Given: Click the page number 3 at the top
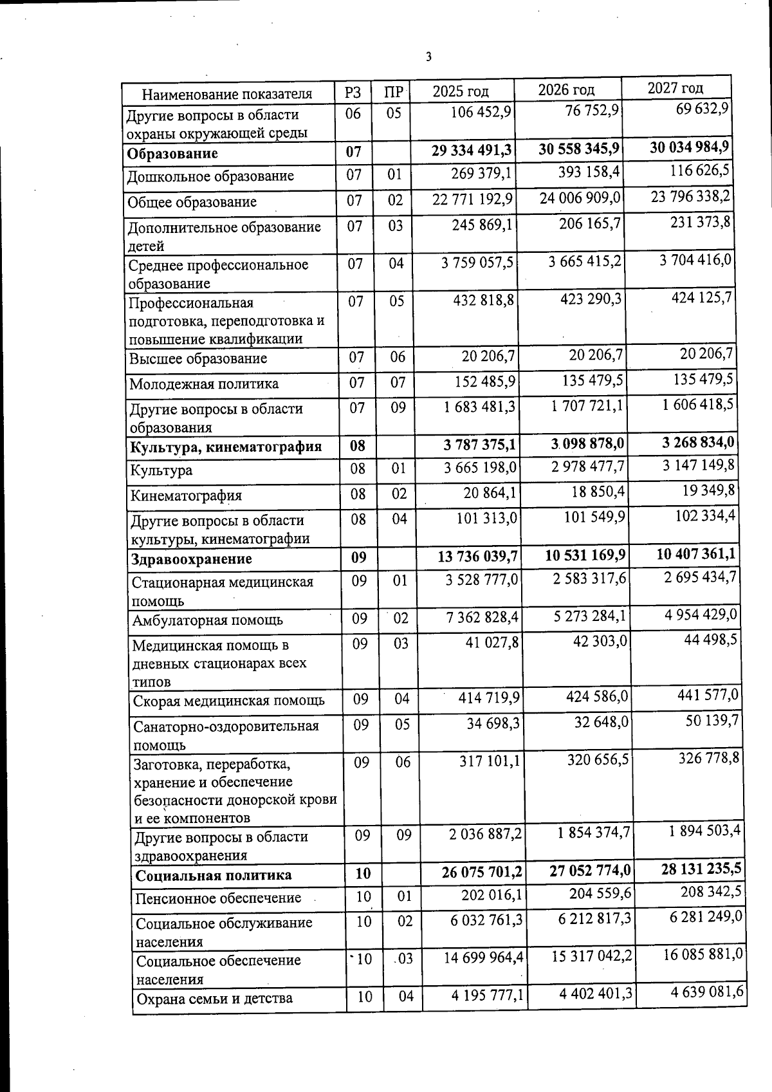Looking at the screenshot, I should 428,57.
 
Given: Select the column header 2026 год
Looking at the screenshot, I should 566,90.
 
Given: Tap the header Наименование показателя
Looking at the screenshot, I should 226,94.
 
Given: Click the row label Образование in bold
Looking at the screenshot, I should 172,153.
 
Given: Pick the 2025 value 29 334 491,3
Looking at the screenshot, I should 472,150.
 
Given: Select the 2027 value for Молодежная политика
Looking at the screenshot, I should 703,379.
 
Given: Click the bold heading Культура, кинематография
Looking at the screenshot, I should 225,447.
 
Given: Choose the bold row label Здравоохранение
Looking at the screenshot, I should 192,559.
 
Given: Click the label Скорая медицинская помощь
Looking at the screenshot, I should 228,700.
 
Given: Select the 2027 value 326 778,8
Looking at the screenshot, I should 709,758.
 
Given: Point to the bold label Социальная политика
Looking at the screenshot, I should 214,875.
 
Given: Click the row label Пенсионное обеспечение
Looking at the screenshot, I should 218,898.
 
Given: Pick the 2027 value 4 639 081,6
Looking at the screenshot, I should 707,992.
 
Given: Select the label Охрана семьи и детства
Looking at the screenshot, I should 214,998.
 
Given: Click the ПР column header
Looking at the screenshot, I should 393,92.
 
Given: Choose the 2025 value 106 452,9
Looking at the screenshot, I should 481,112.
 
